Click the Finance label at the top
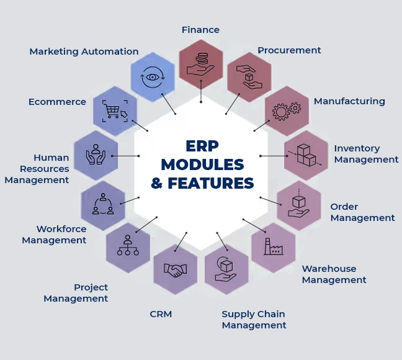(200, 30)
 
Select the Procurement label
(289, 50)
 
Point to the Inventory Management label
(366, 154)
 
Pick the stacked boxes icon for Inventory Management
(306, 155)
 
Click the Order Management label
(362, 212)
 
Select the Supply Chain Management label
(254, 320)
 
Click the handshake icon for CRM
(176, 269)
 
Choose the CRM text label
(161, 314)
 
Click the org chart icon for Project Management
(128, 246)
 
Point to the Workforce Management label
(54, 235)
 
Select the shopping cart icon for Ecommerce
(115, 110)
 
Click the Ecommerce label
(57, 102)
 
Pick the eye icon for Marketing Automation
(153, 78)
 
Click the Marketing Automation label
(84, 52)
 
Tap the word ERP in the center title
(203, 146)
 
